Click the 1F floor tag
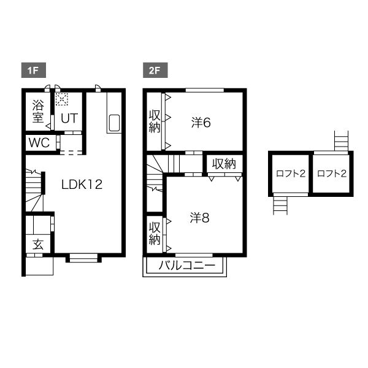(x=33, y=70)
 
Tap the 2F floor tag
(x=155, y=70)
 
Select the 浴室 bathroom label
(x=38, y=111)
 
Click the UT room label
(x=69, y=118)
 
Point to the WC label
(x=39, y=142)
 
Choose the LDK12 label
(x=82, y=185)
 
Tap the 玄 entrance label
(x=38, y=244)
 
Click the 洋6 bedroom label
(x=201, y=123)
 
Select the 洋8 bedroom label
(x=199, y=218)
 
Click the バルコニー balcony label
(x=187, y=266)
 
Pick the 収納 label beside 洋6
(x=155, y=121)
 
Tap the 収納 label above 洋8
(x=224, y=164)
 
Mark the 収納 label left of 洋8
(x=155, y=234)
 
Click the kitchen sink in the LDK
(x=114, y=123)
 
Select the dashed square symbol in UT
(x=62, y=99)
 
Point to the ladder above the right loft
(x=341, y=141)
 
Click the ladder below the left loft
(x=280, y=205)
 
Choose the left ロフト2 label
(x=291, y=174)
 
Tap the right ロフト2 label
(x=332, y=174)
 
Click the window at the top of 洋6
(x=205, y=90)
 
